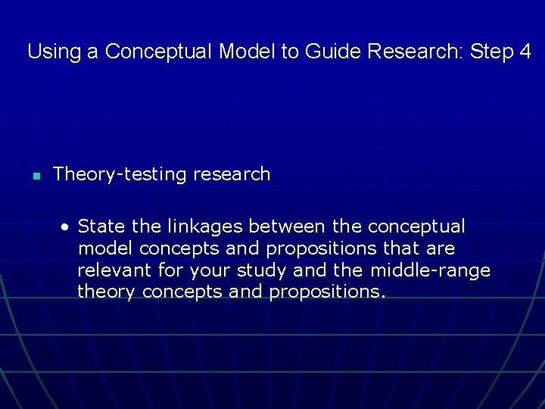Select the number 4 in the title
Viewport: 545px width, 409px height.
(525, 52)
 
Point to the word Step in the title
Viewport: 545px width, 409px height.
(491, 52)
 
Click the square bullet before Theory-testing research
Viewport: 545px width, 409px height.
(35, 176)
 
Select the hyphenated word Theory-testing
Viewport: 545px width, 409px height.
(120, 174)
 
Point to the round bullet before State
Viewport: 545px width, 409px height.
(67, 226)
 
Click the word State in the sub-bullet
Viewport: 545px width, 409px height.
(101, 226)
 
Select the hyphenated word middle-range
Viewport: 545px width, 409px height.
(431, 270)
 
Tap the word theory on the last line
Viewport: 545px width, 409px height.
(107, 292)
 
